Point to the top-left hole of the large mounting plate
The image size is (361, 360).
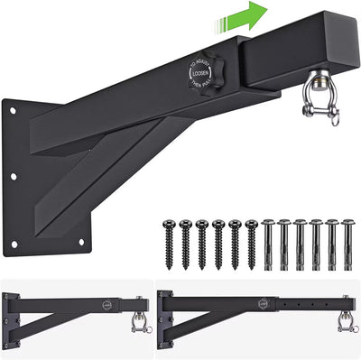pyautogui.click(x=15, y=112)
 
